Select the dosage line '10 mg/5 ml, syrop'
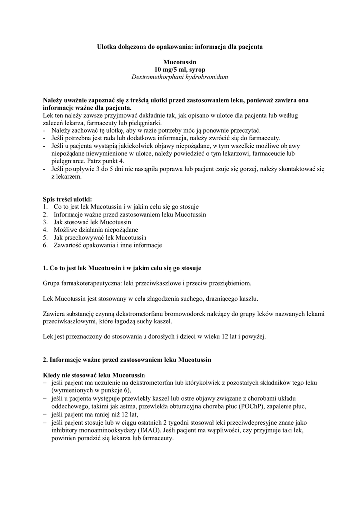[179, 70]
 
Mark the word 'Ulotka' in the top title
[106, 46]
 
